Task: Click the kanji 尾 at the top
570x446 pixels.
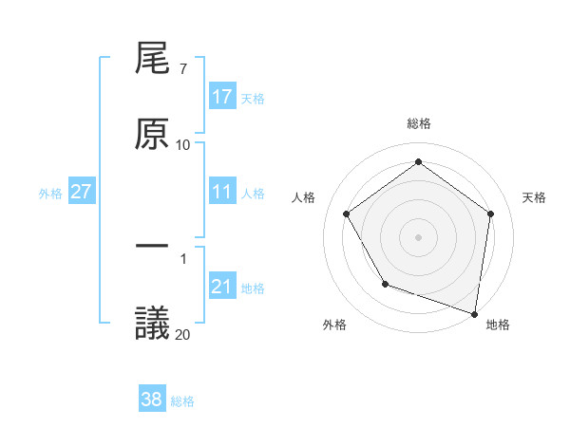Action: click(153, 61)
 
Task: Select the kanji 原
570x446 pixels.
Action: click(153, 133)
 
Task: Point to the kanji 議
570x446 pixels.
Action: click(153, 322)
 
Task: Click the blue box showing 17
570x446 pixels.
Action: click(222, 97)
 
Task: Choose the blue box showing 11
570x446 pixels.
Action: click(222, 192)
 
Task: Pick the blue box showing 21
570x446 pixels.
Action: click(222, 287)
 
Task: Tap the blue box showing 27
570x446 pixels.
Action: click(82, 192)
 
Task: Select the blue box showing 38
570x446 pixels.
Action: click(152, 400)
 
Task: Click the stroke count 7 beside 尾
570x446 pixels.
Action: click(182, 68)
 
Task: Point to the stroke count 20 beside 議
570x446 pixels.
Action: click(182, 333)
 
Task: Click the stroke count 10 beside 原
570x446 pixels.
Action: click(182, 144)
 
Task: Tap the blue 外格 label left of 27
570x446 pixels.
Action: click(50, 193)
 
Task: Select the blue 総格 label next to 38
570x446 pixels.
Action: click(182, 401)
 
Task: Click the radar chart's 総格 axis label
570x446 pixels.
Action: click(418, 123)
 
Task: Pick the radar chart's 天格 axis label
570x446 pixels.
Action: click(534, 197)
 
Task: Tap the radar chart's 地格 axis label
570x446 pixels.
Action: click(498, 325)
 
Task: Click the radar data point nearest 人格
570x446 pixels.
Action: click(346, 214)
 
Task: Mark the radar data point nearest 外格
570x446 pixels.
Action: click(385, 284)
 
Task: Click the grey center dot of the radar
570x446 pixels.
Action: click(418, 236)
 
